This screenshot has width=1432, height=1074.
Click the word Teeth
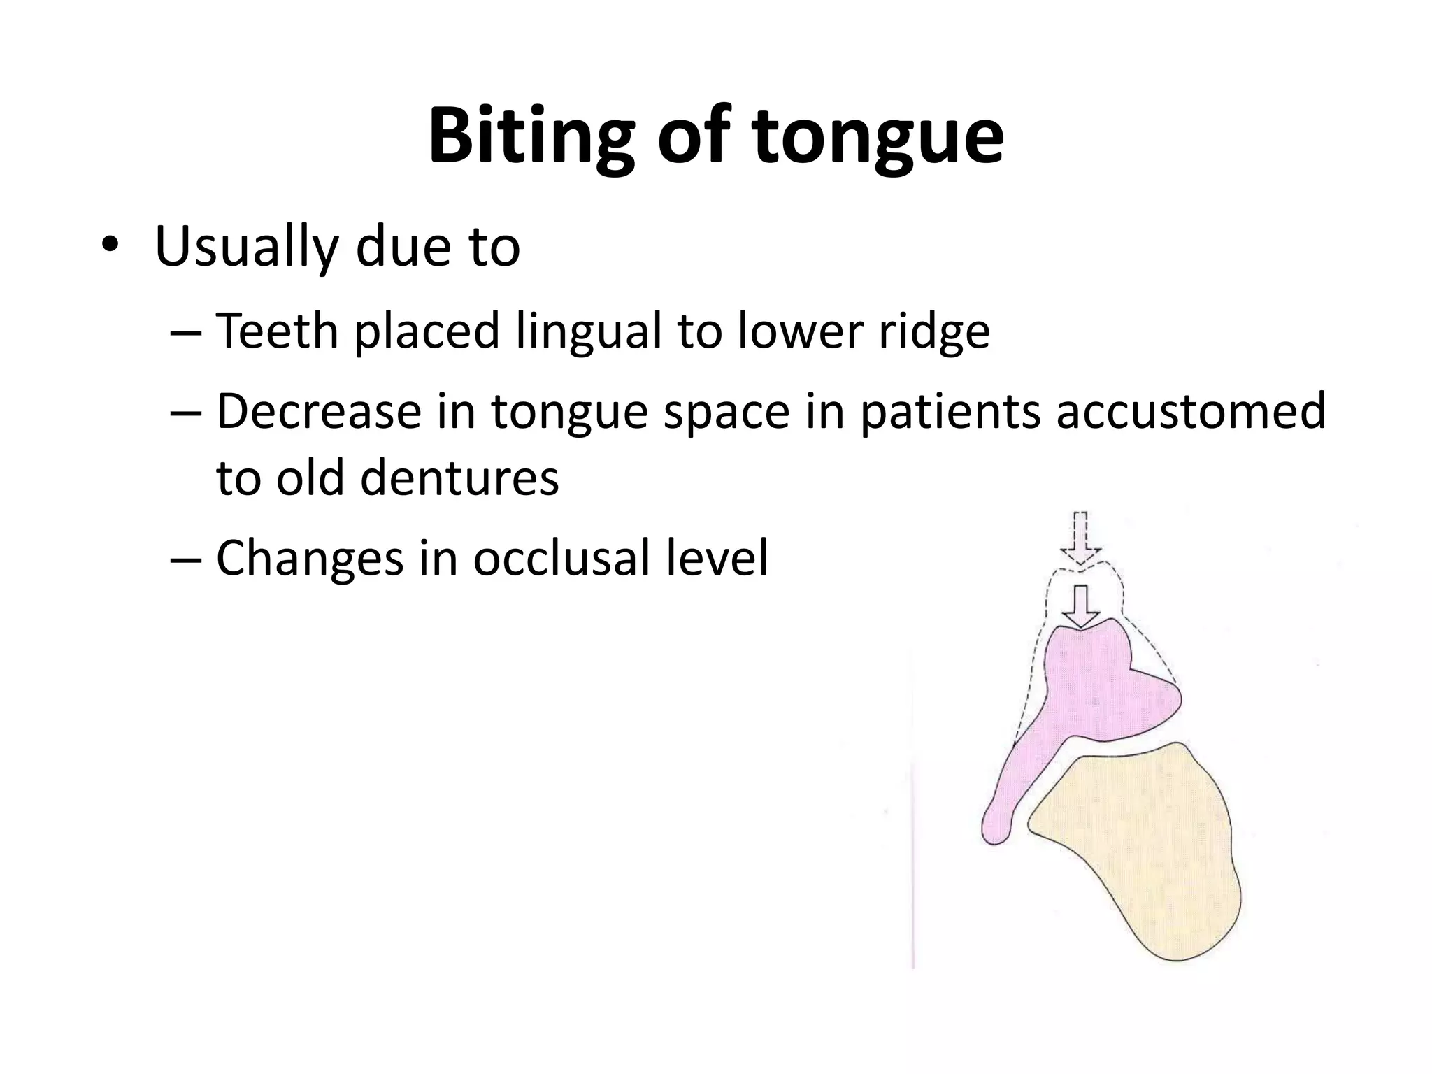[x=277, y=330]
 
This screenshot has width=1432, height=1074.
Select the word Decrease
[x=319, y=411]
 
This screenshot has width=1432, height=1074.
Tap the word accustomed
[x=1190, y=411]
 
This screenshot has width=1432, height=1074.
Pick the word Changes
[x=310, y=558]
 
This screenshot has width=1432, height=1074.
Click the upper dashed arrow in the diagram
[x=1081, y=538]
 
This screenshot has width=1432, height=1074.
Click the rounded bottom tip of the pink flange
[x=994, y=832]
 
